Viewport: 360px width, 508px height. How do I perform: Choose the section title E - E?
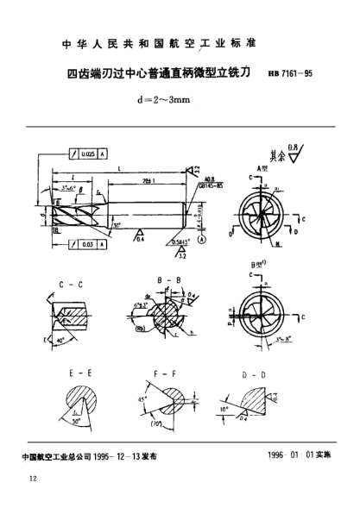coord(76,373)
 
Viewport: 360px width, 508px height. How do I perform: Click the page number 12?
coord(33,480)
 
